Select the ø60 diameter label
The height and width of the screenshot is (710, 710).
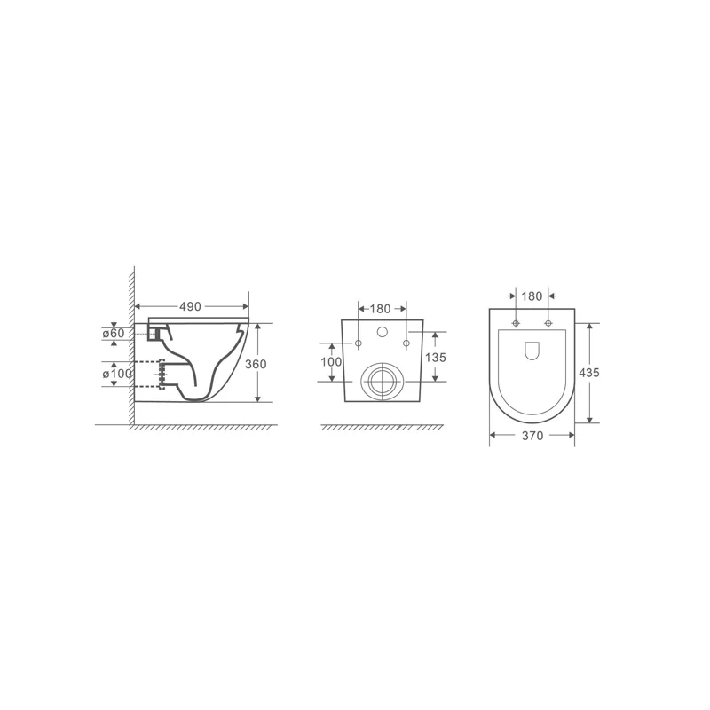tap(115, 333)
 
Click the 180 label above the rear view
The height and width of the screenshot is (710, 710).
tap(380, 309)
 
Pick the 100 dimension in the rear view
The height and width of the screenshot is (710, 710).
tap(331, 361)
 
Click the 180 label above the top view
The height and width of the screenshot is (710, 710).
tap(532, 296)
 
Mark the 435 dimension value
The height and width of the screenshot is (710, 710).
tap(588, 373)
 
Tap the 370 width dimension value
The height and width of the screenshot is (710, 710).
tap(532, 436)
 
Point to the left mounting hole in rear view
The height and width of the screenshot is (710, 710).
tap(359, 343)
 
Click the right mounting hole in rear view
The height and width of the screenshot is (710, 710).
tap(406, 343)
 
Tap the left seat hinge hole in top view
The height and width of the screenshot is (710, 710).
tap(516, 322)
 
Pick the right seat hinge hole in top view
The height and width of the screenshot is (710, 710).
tap(548, 322)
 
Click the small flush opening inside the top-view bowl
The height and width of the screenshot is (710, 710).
tap(532, 351)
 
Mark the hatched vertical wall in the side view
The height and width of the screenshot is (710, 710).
tap(130, 346)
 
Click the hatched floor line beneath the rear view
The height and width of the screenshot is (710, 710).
tap(382, 429)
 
